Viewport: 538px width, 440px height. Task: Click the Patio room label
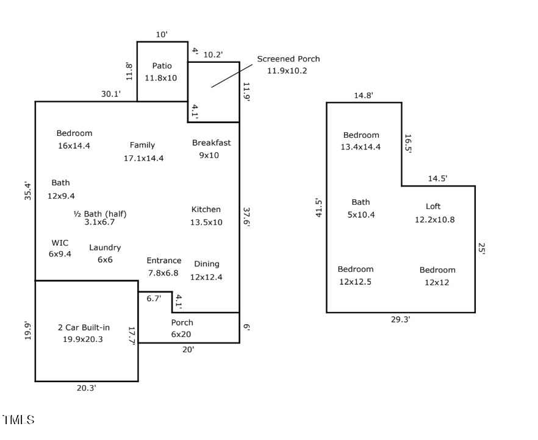point(162,72)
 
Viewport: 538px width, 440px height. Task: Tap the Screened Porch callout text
point(288,65)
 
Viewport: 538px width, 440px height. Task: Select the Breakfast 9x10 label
point(211,149)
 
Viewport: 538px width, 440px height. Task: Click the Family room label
point(143,151)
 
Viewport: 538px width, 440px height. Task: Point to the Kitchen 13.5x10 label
point(206,216)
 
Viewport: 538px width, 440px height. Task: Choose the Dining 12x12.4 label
point(206,270)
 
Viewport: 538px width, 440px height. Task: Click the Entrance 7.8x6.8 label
point(163,266)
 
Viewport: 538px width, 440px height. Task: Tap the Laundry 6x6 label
point(105,254)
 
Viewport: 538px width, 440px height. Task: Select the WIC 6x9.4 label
point(60,248)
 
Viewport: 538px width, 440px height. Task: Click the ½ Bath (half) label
point(99,218)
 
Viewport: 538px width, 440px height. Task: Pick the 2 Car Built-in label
point(84,333)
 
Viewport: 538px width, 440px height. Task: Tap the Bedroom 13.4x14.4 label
point(360,141)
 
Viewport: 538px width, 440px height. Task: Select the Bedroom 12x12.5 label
point(355,275)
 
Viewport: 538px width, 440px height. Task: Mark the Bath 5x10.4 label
point(360,208)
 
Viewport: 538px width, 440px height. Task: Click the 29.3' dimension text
point(400,319)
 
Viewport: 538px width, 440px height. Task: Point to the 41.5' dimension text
point(318,207)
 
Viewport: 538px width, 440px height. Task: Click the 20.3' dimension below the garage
point(86,388)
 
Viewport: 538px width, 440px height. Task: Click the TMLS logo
point(18,420)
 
